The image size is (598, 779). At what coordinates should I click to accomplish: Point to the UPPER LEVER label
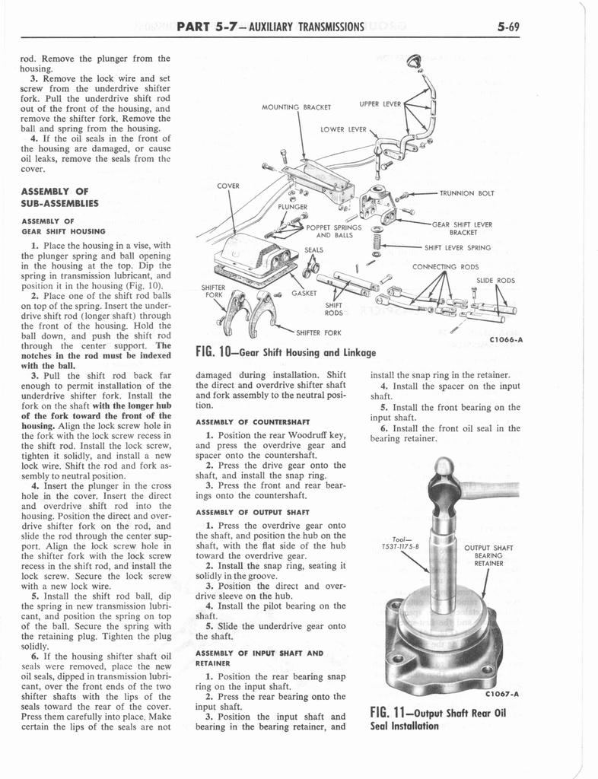(x=380, y=103)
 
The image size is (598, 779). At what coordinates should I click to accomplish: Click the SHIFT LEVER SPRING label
(x=457, y=247)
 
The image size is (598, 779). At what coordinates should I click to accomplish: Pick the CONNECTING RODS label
(x=445, y=267)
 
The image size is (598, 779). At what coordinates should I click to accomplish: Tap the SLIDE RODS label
(x=496, y=281)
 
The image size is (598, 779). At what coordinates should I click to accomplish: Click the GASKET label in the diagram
(x=304, y=293)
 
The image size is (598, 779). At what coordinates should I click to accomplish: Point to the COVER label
(x=228, y=186)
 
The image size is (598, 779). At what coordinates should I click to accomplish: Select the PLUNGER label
(x=292, y=206)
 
